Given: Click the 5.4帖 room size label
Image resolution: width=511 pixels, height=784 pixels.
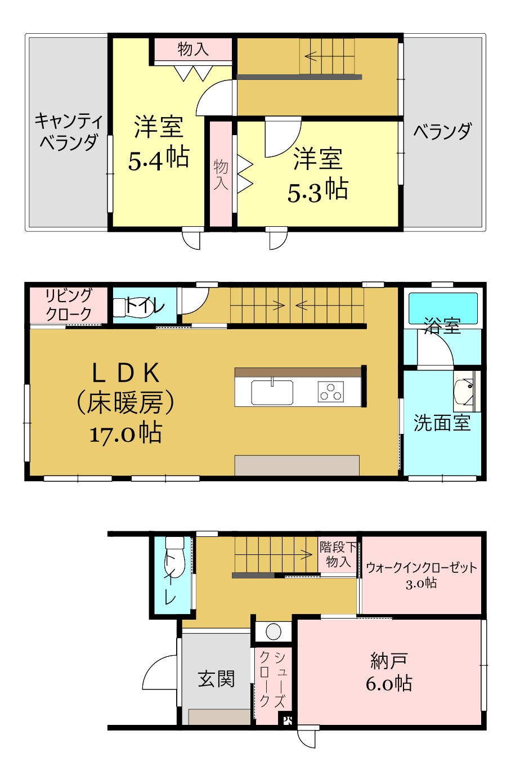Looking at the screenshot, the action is click(159, 158).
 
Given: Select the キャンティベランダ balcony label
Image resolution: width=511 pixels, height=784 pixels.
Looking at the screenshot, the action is click(69, 131).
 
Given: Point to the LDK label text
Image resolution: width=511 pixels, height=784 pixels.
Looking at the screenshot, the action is click(125, 373).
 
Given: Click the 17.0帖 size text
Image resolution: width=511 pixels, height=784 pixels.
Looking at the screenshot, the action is click(125, 433).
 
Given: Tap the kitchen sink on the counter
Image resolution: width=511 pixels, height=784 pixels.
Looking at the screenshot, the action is click(272, 392).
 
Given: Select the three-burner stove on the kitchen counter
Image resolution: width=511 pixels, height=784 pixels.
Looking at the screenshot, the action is click(330, 392).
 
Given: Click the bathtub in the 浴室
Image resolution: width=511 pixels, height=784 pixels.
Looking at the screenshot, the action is click(443, 308).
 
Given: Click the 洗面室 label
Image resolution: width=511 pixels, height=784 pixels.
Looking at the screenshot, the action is click(442, 423).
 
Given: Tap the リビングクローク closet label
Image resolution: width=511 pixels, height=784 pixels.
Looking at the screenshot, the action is click(69, 304).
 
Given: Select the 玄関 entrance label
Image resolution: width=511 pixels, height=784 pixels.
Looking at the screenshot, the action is click(216, 679).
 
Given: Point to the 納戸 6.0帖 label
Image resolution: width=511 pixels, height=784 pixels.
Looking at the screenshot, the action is click(389, 671).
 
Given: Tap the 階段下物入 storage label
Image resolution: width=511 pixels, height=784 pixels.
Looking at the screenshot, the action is click(338, 555).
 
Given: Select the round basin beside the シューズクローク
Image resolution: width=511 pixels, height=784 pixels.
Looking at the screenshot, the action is click(273, 631).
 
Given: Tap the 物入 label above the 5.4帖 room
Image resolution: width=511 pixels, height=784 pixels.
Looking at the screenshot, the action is click(193, 48).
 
